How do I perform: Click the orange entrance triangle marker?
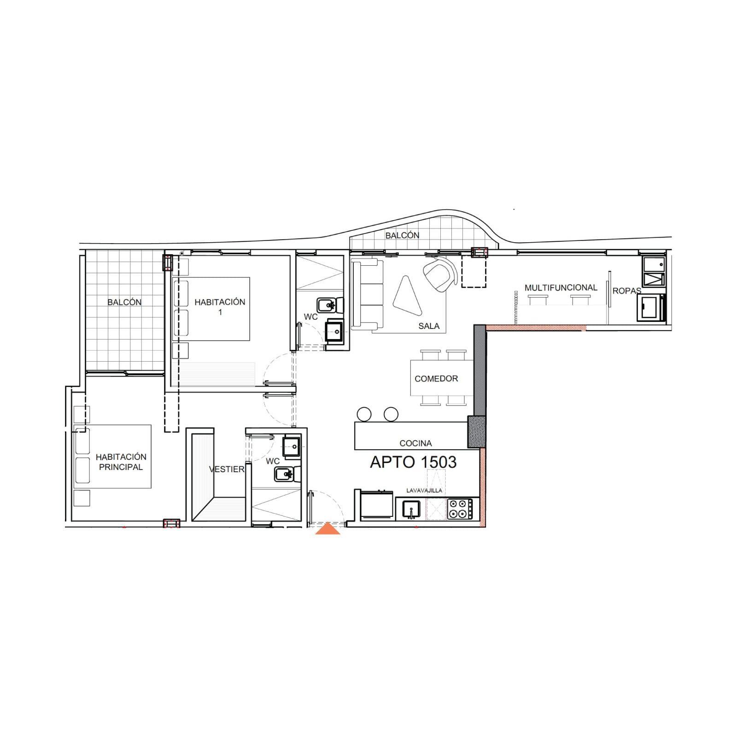click(328, 529)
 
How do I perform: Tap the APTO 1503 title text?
click(413, 462)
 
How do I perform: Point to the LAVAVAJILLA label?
click(424, 491)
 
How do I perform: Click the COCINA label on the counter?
click(415, 443)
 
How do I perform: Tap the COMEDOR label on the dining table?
click(436, 379)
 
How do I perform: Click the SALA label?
click(429, 326)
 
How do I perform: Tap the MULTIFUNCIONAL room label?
click(561, 287)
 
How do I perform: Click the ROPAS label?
click(626, 291)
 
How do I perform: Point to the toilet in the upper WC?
click(330, 304)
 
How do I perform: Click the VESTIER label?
click(227, 469)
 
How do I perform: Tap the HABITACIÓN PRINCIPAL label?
click(121, 462)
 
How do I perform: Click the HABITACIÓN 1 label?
click(220, 307)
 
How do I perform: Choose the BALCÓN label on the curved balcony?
click(402, 235)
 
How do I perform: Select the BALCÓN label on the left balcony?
click(124, 302)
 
